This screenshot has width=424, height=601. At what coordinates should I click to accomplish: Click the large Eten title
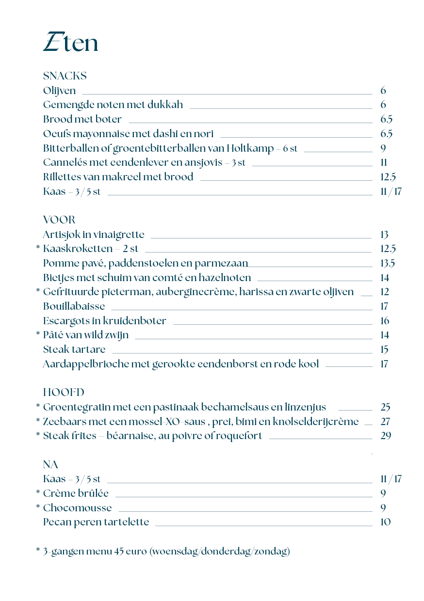click(x=71, y=43)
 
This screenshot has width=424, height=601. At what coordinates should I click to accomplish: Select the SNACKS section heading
click(x=65, y=76)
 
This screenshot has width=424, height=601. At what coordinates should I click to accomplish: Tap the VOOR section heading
click(x=59, y=221)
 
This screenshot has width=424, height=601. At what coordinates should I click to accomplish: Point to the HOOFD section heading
click(x=64, y=393)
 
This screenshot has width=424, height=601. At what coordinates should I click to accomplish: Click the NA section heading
click(x=50, y=465)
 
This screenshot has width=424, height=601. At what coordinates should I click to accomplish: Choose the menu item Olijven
click(x=59, y=91)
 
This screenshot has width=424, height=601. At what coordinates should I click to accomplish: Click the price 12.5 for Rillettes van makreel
click(x=388, y=177)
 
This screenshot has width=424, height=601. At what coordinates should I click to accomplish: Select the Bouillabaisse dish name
click(x=74, y=306)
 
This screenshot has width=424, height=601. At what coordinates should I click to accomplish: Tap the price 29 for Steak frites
click(x=386, y=436)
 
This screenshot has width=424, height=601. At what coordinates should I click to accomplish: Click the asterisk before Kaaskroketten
click(x=38, y=249)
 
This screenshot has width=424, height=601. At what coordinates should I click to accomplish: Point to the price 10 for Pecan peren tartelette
click(x=386, y=522)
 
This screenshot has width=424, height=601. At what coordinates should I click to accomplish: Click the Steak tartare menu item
click(x=74, y=349)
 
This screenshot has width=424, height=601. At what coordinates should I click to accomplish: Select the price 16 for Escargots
click(x=385, y=321)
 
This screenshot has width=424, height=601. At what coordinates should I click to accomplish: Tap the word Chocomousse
click(x=77, y=508)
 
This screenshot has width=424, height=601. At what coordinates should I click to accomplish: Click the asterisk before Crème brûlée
click(x=38, y=493)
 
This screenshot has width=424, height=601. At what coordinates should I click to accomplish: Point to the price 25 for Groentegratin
click(x=386, y=407)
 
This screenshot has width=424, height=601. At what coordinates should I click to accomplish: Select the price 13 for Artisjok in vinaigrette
click(x=384, y=235)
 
